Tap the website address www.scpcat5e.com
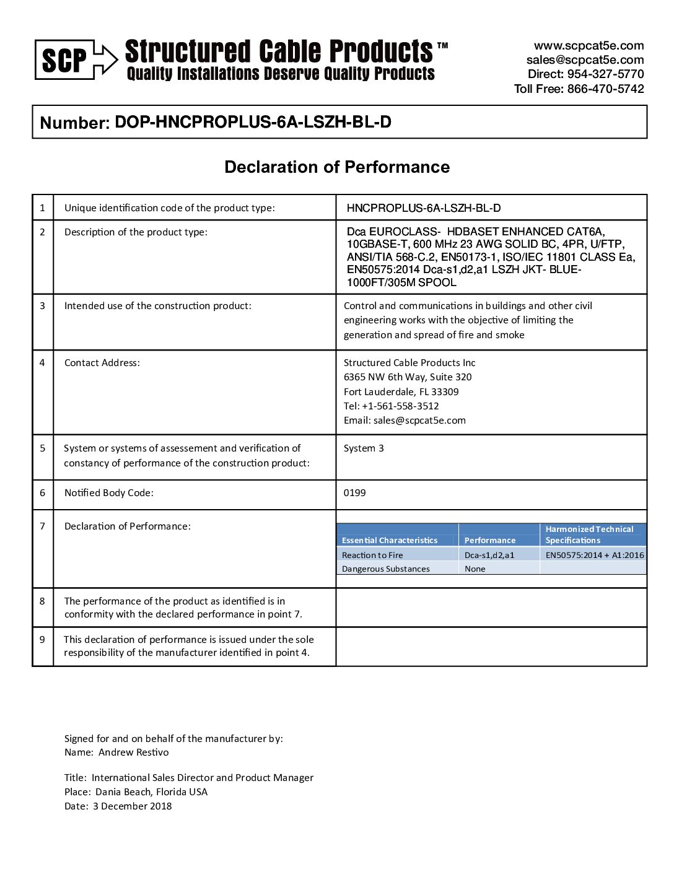coord(589,46)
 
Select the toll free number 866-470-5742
coord(605,89)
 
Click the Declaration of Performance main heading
coord(337,167)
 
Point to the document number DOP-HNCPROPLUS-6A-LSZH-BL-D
coord(253,122)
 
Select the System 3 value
coord(364,448)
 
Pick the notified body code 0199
coord(355,493)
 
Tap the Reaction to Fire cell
coord(372,556)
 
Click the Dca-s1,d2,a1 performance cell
coord(489,556)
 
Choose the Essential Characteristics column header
coord(390,540)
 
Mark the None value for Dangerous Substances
coord(475,569)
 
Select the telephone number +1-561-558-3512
coord(400,406)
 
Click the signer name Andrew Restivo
coord(133,752)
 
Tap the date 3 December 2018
coord(133,806)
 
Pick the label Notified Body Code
coord(109,493)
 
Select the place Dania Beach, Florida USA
coord(151,792)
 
